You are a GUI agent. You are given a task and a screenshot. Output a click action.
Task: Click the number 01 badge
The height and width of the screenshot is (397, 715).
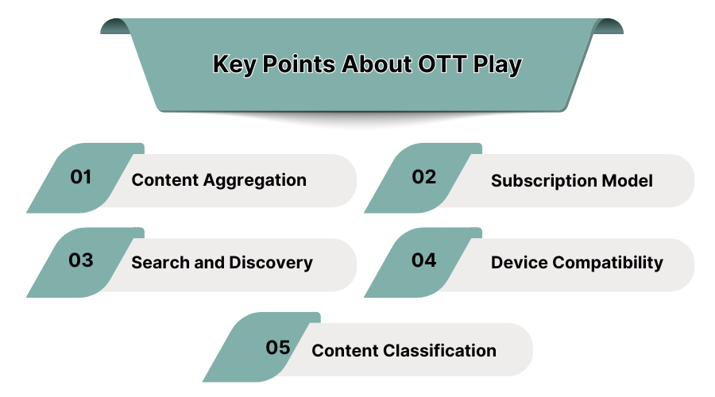[x=81, y=177]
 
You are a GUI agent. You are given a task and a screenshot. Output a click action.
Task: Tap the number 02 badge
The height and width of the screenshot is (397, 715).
[x=424, y=177]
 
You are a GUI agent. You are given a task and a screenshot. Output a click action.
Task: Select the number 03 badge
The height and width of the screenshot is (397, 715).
[x=81, y=260]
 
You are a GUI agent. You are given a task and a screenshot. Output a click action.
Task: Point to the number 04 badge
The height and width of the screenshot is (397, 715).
[x=424, y=260]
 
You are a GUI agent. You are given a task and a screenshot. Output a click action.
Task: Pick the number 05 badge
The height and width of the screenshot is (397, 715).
[x=277, y=348]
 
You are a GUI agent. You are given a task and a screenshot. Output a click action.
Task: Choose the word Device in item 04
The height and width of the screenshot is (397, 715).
[x=517, y=263]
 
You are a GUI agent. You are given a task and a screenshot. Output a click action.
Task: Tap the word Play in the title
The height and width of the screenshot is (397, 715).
[x=498, y=64]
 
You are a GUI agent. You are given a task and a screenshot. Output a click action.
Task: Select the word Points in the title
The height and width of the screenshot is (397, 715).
[x=298, y=64]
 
